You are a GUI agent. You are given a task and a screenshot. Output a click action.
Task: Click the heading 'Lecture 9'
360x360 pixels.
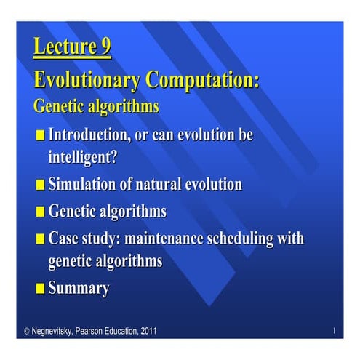[72, 48]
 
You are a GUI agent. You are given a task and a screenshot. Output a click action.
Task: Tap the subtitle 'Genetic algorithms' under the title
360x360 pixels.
[96, 105]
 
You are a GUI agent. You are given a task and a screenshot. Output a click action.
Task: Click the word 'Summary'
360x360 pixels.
[79, 288]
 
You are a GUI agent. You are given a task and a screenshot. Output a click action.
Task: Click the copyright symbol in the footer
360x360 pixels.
[27, 332]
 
